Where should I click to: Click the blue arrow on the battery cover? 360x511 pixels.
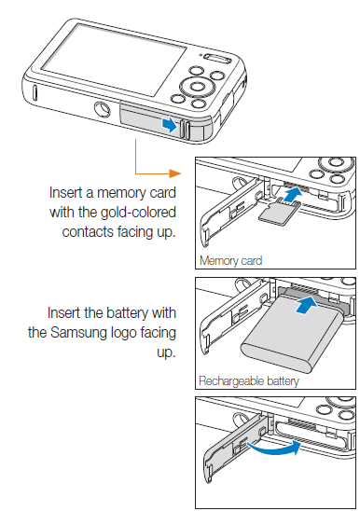pos(168,123)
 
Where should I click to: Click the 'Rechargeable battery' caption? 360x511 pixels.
pos(249,380)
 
